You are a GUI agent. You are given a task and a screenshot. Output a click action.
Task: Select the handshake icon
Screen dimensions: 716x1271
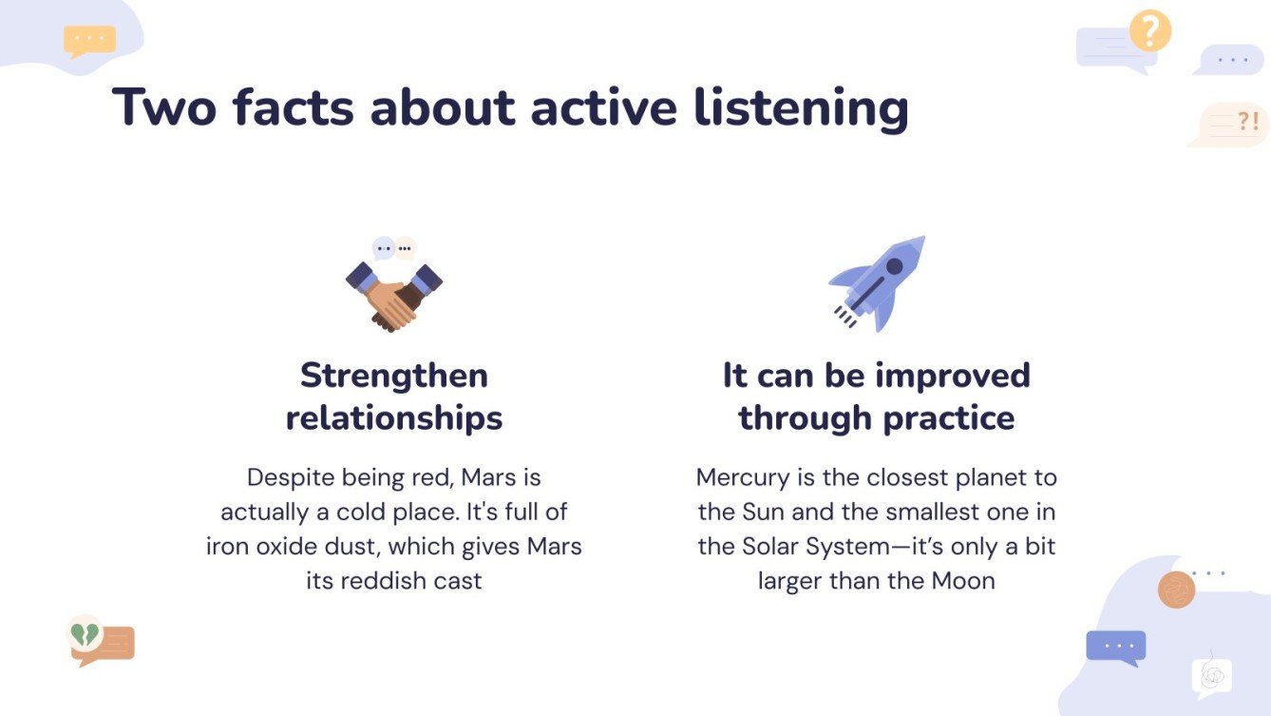[x=393, y=295]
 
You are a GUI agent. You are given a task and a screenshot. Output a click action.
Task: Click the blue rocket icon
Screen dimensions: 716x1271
[x=878, y=282]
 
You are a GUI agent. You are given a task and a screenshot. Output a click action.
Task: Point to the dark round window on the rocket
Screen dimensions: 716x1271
[x=894, y=267]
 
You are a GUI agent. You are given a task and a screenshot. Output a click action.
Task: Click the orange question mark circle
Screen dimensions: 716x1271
[x=1149, y=30]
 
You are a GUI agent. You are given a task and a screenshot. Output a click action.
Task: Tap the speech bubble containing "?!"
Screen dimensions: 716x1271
[x=1232, y=124]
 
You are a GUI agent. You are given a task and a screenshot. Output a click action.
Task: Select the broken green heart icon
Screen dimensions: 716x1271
[x=85, y=633]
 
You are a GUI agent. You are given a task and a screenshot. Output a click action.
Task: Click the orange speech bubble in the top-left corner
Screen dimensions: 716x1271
[x=89, y=40]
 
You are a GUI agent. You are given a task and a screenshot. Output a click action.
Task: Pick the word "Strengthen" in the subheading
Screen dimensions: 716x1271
[x=394, y=376]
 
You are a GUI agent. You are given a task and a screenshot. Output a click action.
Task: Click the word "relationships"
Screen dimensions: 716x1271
[x=394, y=417]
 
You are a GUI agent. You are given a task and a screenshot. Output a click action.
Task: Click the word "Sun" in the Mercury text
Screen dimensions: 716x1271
[x=757, y=512]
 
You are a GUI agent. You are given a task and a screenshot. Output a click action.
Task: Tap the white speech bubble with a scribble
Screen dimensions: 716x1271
[x=1211, y=676]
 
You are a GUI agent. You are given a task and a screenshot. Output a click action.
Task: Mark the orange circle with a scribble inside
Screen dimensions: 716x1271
[x=1176, y=590]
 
